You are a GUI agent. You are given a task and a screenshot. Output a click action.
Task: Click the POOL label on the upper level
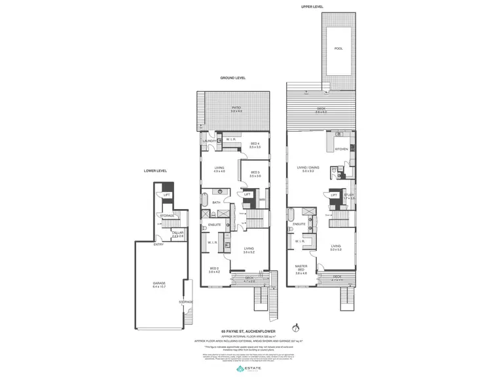[x=338, y=48]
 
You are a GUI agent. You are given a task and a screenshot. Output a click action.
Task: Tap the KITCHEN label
[x=342, y=149]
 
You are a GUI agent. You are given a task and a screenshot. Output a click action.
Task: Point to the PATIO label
[x=236, y=109]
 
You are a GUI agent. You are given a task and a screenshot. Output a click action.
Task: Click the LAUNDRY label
[x=209, y=141]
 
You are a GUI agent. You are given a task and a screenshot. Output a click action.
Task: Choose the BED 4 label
[x=255, y=145]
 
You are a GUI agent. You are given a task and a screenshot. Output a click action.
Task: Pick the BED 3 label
[x=255, y=174]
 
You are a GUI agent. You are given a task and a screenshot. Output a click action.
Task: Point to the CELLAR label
[x=177, y=233]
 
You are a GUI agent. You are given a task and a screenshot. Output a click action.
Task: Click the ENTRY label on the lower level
[x=158, y=244]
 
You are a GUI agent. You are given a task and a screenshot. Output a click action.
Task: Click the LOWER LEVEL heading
[x=155, y=170]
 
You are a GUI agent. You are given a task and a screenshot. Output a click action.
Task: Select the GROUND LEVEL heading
[x=232, y=78]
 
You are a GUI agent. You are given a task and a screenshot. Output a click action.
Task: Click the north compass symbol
[x=296, y=326]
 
